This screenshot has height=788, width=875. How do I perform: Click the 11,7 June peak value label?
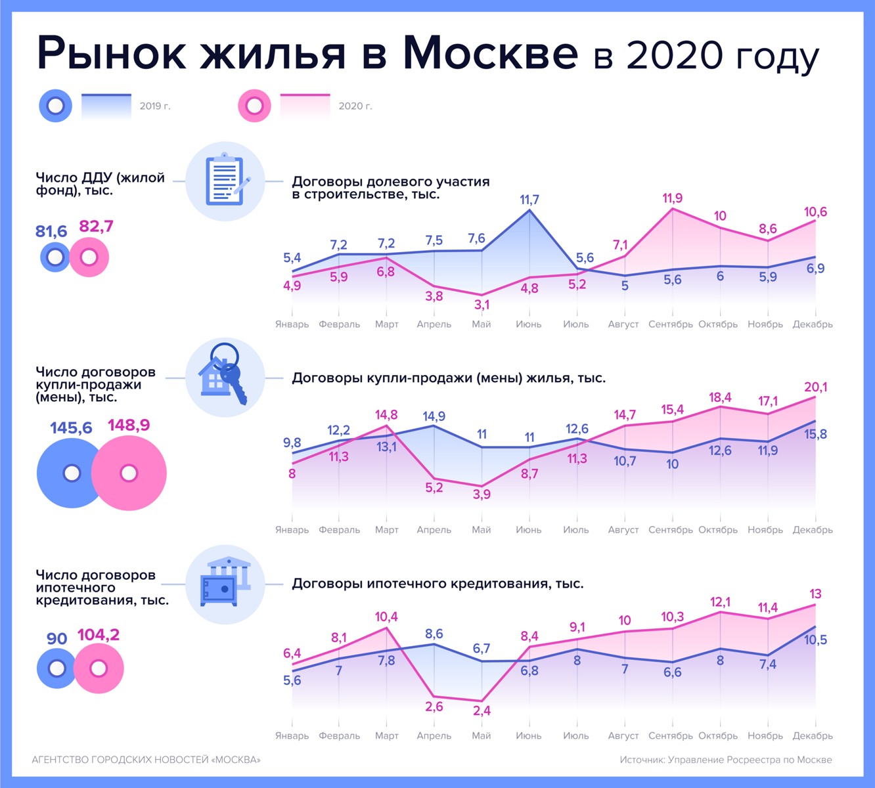(x=529, y=200)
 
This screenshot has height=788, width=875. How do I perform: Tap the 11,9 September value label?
(x=672, y=198)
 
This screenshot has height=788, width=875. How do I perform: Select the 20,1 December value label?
(x=815, y=387)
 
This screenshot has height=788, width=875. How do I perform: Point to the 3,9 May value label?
(x=482, y=494)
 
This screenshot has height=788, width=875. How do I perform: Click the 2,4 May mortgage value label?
(x=482, y=711)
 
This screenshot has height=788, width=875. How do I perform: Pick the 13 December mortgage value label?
(x=815, y=594)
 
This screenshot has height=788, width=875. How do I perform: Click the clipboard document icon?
(x=225, y=181)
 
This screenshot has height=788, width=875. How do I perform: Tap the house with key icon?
(x=225, y=376)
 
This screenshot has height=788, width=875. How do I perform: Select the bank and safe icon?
(x=225, y=582)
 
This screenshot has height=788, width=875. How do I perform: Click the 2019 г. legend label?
(x=155, y=106)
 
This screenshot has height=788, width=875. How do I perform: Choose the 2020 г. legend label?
(x=355, y=106)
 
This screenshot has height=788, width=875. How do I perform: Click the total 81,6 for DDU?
(x=51, y=231)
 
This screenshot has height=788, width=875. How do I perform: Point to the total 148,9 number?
(x=129, y=426)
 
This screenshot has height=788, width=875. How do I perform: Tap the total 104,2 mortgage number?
(x=99, y=635)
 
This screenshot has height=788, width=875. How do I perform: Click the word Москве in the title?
(x=490, y=53)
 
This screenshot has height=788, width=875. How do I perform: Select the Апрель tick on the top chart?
(x=434, y=324)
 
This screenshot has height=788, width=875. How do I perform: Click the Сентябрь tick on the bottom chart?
(x=671, y=735)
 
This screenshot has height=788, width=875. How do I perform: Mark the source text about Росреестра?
(x=726, y=760)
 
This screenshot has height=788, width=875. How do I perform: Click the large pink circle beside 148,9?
(x=129, y=473)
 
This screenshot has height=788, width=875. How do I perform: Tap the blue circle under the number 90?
(x=57, y=668)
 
